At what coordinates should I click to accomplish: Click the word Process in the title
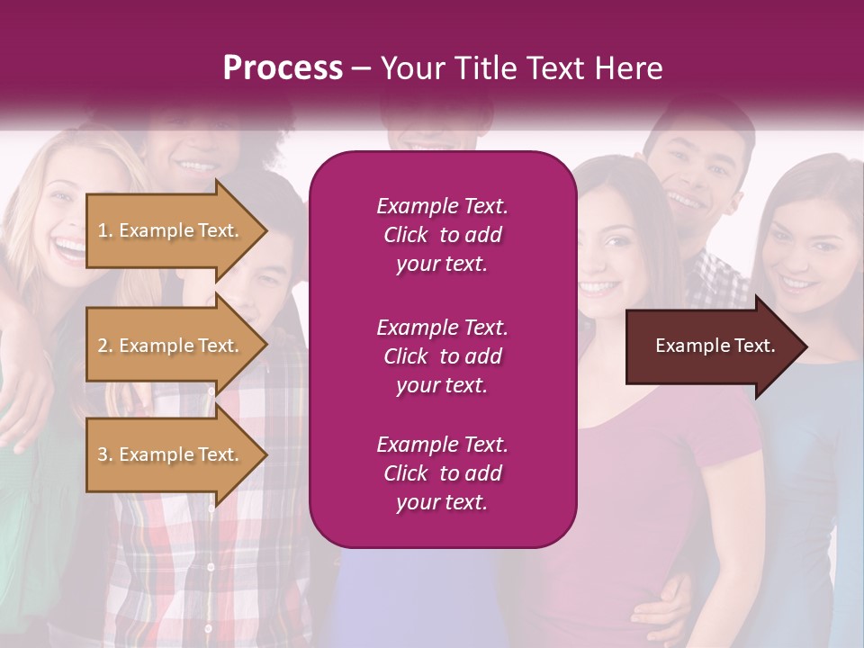(x=283, y=68)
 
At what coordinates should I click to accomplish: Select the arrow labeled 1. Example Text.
(x=171, y=230)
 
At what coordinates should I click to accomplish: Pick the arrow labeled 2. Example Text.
(x=171, y=346)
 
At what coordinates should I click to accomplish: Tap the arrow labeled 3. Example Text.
(x=171, y=454)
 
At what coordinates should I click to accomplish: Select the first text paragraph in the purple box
(x=442, y=235)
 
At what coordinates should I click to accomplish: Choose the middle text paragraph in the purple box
(x=442, y=356)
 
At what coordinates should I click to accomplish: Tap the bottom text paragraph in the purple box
(x=442, y=473)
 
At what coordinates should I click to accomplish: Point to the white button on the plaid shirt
(x=210, y=567)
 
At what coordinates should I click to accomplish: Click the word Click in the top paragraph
(x=406, y=235)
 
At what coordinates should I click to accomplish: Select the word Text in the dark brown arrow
(x=752, y=346)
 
